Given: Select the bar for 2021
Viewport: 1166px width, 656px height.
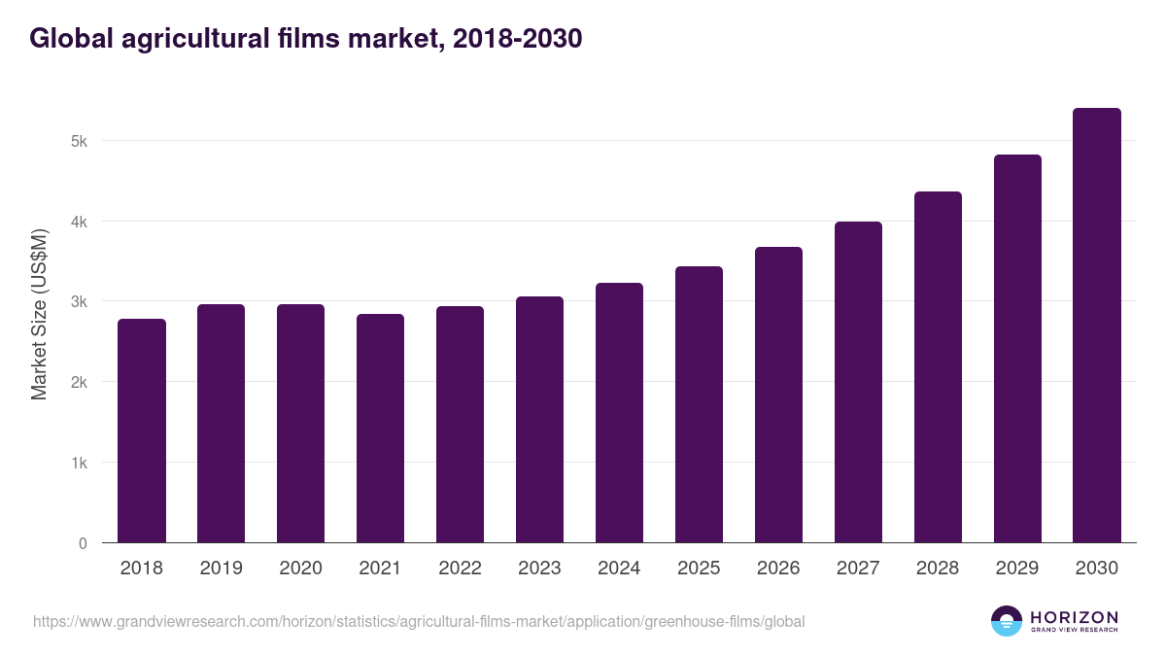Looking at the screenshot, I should pyautogui.click(x=381, y=429).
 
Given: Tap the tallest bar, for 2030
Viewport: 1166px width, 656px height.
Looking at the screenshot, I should pyautogui.click(x=1097, y=326).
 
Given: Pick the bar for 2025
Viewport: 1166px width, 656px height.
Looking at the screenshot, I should pyautogui.click(x=700, y=404).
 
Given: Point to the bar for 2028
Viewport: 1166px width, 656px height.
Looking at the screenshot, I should pyautogui.click(x=938, y=367).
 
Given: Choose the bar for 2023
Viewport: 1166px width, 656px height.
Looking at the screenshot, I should pyautogui.click(x=540, y=420).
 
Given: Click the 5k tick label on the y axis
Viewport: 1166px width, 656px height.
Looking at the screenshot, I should pyautogui.click(x=79, y=141).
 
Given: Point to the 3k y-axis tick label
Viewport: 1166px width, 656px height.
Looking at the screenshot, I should pyautogui.click(x=79, y=302).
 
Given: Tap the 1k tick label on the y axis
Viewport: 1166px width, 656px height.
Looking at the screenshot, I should pyautogui.click(x=79, y=463).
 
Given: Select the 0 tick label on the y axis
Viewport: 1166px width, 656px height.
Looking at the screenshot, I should pyautogui.click(x=83, y=543).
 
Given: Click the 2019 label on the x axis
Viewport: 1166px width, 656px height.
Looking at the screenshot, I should pyautogui.click(x=222, y=569).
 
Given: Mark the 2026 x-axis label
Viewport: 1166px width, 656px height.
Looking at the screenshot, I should pyautogui.click(x=778, y=569).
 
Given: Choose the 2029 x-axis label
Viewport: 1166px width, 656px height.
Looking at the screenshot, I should pyautogui.click(x=1017, y=569).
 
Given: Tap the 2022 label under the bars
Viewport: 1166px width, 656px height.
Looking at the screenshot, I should pyautogui.click(x=461, y=569).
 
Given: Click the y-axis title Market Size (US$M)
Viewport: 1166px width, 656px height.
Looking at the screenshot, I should pyautogui.click(x=40, y=315).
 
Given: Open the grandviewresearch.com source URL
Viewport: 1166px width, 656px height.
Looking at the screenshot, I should pyautogui.click(x=419, y=621).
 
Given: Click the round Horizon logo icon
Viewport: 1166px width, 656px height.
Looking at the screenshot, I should pyautogui.click(x=1007, y=621).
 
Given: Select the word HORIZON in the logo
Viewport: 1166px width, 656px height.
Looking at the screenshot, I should pyautogui.click(x=1074, y=617).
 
